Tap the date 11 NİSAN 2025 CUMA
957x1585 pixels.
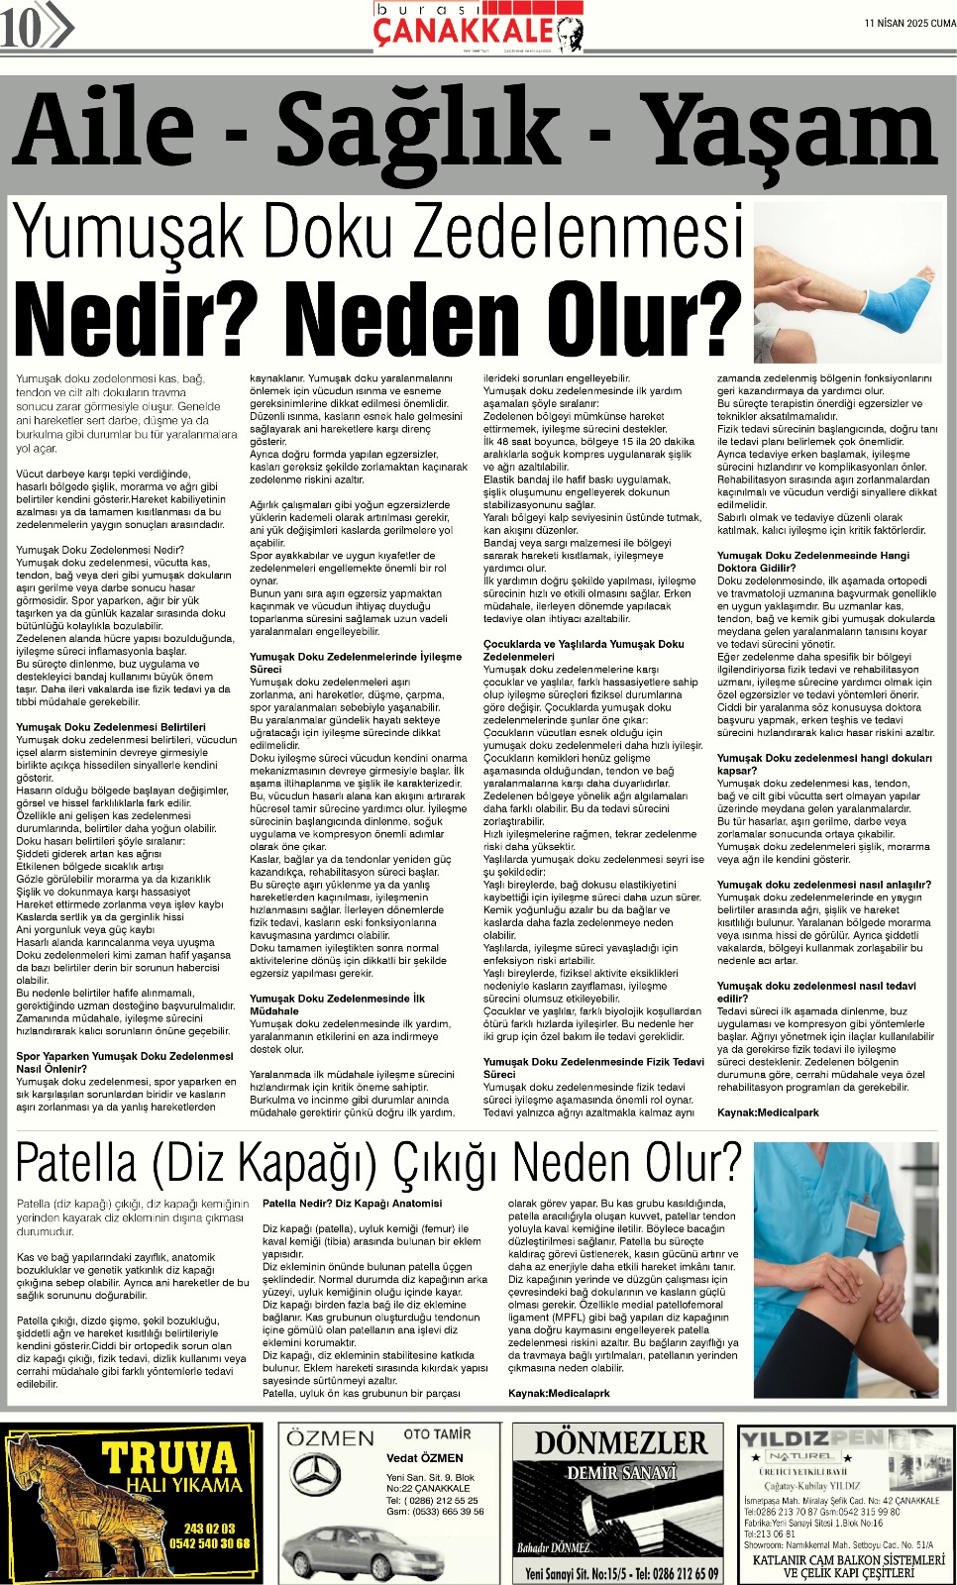tap(909, 24)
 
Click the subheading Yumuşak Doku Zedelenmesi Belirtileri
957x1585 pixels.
tap(111, 727)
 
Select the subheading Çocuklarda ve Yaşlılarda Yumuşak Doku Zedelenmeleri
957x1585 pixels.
tap(583, 650)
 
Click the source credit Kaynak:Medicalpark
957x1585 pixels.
tap(768, 1112)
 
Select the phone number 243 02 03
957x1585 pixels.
tap(209, 1529)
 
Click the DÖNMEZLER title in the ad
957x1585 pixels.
tap(621, 1443)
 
